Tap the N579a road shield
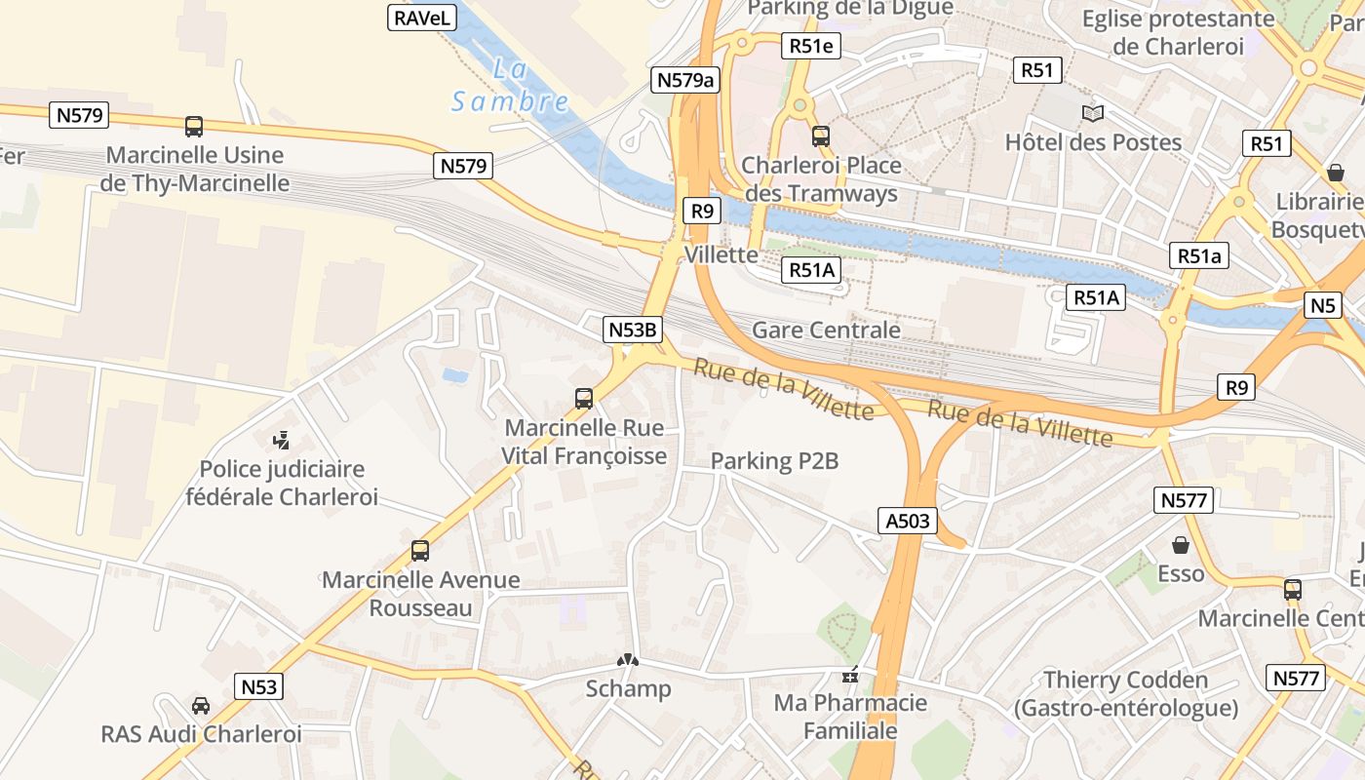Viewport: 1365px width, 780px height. click(x=685, y=80)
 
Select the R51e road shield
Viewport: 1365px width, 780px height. click(x=810, y=46)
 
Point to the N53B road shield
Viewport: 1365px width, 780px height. click(x=632, y=330)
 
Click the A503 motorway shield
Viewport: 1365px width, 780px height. click(x=907, y=521)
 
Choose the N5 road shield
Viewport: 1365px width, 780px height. click(x=1323, y=305)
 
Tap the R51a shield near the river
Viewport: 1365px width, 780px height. click(x=1199, y=255)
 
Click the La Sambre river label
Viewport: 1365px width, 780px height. click(x=510, y=86)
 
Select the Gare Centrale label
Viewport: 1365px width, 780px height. click(x=826, y=330)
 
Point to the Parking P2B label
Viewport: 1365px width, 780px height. click(x=774, y=461)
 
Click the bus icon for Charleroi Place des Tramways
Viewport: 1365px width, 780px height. click(x=821, y=136)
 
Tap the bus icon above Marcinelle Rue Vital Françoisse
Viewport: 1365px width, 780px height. click(x=584, y=398)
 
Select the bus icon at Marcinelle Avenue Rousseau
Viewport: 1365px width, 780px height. click(x=420, y=551)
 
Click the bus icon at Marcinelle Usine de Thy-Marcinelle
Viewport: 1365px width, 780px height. click(x=194, y=126)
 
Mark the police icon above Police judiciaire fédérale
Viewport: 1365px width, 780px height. click(x=282, y=441)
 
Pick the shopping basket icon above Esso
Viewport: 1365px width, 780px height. click(x=1181, y=545)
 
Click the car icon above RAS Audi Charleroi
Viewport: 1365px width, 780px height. click(x=201, y=705)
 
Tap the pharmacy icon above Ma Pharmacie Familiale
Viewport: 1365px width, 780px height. click(x=849, y=674)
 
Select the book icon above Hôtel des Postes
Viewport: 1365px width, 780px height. click(x=1093, y=114)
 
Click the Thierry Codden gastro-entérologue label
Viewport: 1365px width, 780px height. click(x=1126, y=693)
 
